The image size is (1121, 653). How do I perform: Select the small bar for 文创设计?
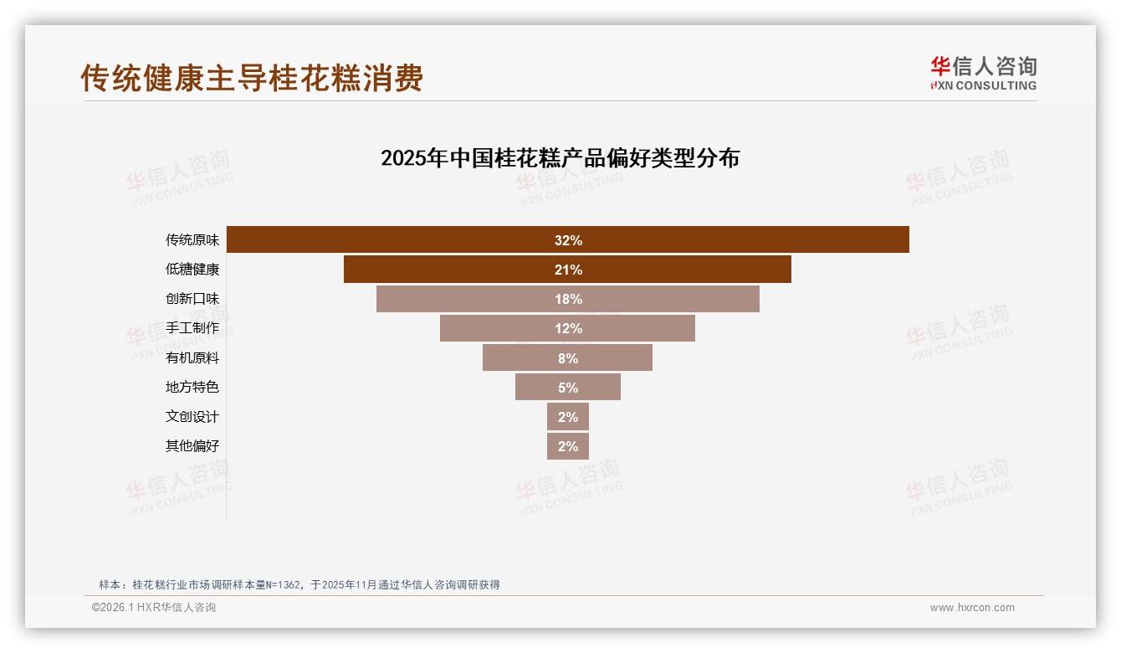pyautogui.click(x=568, y=416)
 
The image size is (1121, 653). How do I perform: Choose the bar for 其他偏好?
pyautogui.click(x=568, y=446)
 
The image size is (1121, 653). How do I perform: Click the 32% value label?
pyautogui.click(x=568, y=240)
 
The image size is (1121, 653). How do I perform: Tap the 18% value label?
pyautogui.click(x=568, y=299)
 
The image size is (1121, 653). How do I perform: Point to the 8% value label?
pyautogui.click(x=568, y=358)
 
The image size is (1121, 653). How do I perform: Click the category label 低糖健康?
pyautogui.click(x=192, y=270)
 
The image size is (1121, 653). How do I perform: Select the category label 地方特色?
pyautogui.click(x=192, y=387)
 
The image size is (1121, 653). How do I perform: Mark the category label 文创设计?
pyautogui.click(x=192, y=416)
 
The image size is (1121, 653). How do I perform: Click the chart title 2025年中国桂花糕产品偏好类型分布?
pyautogui.click(x=560, y=158)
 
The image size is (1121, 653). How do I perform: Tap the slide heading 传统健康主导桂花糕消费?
pyautogui.click(x=252, y=78)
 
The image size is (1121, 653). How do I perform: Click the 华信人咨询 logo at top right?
pyautogui.click(x=983, y=73)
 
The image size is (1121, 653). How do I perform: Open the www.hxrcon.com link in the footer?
pyautogui.click(x=972, y=608)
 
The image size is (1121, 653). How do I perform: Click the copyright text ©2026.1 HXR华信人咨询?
pyautogui.click(x=154, y=608)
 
